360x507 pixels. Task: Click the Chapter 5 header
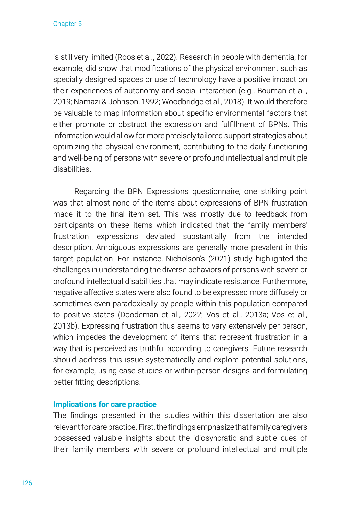click(67, 24)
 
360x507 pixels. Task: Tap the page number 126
click(27, 483)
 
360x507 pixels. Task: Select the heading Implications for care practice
click(105, 404)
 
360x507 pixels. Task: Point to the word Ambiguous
click(116, 247)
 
